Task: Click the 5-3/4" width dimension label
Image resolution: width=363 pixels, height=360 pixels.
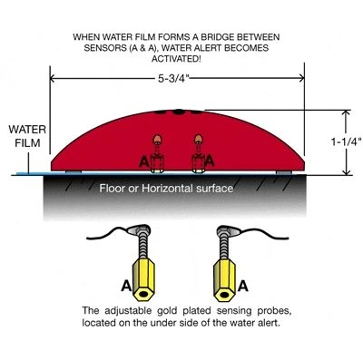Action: click(173, 79)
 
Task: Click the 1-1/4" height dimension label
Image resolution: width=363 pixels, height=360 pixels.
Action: click(347, 141)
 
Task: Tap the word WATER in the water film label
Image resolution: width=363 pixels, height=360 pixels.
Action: click(27, 130)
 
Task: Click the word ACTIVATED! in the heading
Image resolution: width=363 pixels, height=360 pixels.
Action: click(176, 59)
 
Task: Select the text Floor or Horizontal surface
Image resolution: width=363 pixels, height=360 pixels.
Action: click(166, 189)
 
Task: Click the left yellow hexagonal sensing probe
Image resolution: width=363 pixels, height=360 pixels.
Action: click(143, 279)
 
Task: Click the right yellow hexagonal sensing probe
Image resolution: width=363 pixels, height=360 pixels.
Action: click(224, 280)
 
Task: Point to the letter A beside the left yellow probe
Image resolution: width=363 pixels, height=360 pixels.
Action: click(126, 286)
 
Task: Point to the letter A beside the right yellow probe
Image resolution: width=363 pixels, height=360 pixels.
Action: click(243, 286)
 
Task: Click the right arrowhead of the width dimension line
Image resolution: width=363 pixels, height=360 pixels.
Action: click(300, 79)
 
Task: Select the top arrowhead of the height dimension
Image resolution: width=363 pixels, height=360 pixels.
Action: click(347, 112)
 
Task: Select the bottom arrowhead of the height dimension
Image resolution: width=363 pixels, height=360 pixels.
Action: click(347, 171)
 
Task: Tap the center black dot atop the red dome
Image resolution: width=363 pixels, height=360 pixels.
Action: click(179, 112)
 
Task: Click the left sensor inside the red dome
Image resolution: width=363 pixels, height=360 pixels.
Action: click(157, 153)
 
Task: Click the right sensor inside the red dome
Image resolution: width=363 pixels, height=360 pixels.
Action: click(199, 153)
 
